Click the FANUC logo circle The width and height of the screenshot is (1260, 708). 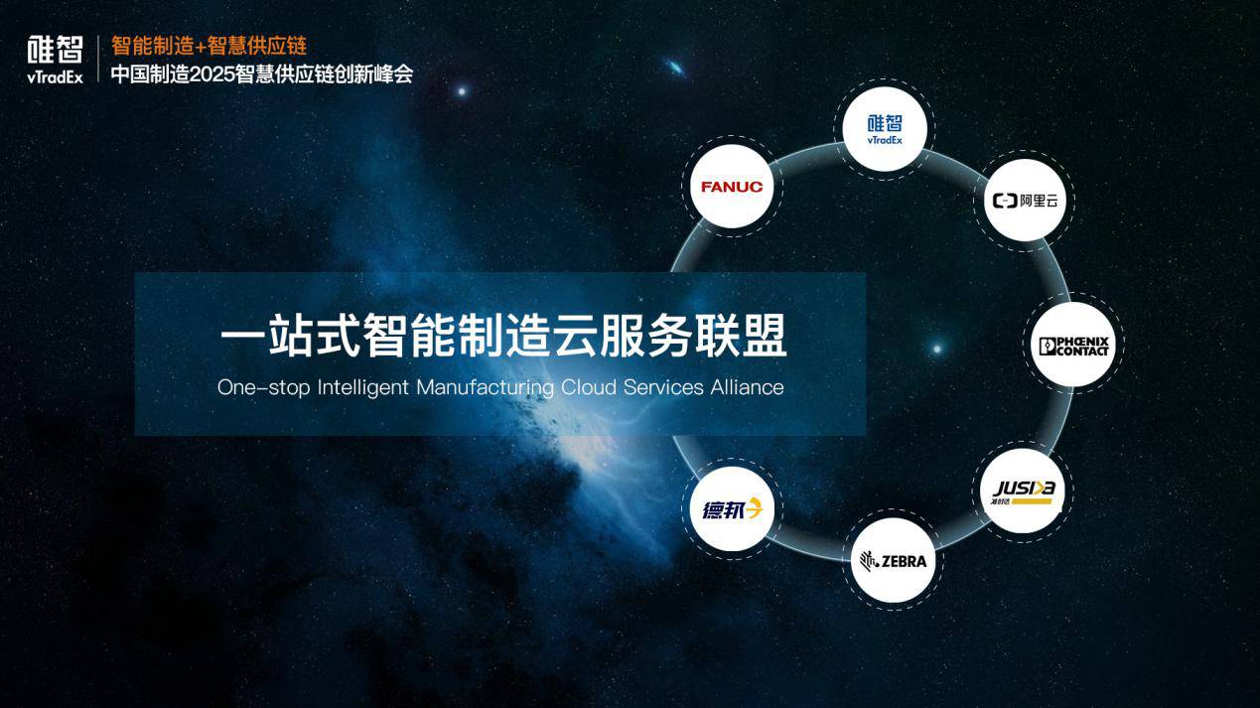pos(732,186)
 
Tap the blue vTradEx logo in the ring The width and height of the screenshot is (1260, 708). pos(885,129)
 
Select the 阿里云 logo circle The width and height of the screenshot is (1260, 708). pos(1026,201)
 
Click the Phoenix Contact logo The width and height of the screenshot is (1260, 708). pos(1073,345)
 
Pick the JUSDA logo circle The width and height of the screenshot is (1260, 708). pos(1023,491)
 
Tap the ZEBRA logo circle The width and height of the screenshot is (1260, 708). pos(894,560)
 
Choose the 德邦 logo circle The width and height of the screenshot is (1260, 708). pos(732,509)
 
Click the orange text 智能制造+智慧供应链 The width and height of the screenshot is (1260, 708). pos(209,46)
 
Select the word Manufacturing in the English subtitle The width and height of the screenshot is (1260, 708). pos(485,388)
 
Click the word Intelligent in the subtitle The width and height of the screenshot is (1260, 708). pos(362,388)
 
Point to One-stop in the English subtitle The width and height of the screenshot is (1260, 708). pos(263,388)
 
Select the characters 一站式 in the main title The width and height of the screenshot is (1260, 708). pos(290,336)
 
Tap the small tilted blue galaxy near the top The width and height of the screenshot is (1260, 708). pos(675,69)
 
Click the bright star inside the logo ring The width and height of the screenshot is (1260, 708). pos(937,349)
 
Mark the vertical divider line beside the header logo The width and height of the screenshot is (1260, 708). pos(98,59)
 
